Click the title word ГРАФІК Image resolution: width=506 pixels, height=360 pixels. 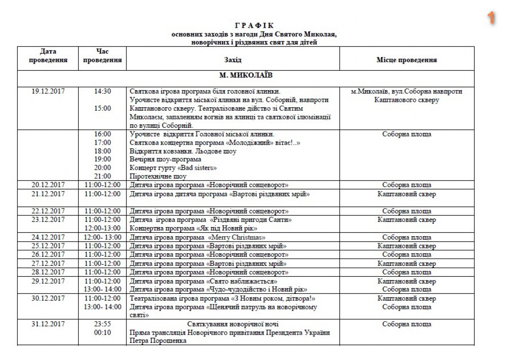(x=253, y=27)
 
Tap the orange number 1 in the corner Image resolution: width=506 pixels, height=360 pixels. (x=491, y=18)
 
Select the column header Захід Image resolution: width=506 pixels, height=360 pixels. (x=233, y=60)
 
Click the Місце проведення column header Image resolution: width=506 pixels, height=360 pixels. (x=407, y=60)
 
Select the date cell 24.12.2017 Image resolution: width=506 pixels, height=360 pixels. (x=48, y=237)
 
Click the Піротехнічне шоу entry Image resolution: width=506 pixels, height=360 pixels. (x=158, y=176)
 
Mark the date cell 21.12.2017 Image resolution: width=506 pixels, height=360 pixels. (x=48, y=194)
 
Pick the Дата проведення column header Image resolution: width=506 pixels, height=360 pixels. (x=48, y=56)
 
